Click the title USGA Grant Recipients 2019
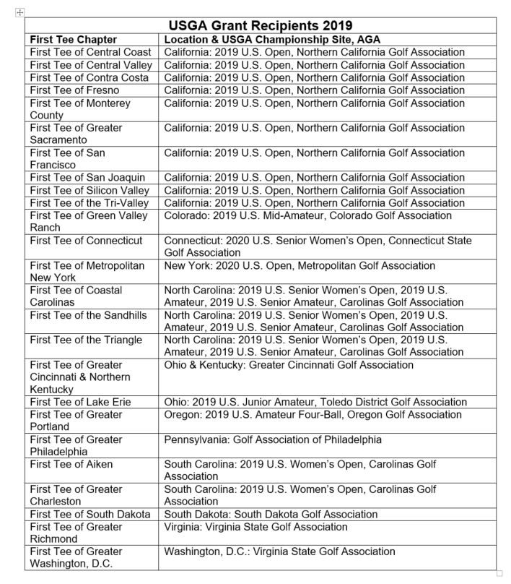[260, 25]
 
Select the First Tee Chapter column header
[74, 40]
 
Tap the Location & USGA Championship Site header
[272, 40]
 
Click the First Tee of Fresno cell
[75, 90]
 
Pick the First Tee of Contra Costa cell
[85, 77]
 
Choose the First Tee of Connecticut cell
[87, 241]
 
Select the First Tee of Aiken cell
[71, 464]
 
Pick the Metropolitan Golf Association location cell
[300, 266]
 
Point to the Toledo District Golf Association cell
[315, 402]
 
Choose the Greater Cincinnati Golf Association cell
[289, 365]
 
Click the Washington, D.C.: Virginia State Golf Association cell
[279, 551]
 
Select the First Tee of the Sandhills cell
[88, 315]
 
